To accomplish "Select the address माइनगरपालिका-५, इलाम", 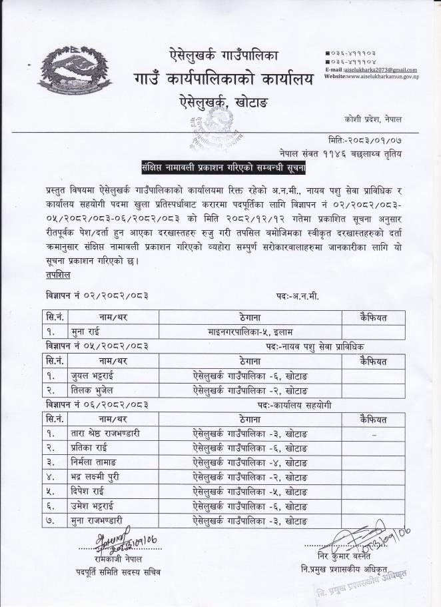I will [x=240, y=330].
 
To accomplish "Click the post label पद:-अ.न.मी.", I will [x=296, y=296].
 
